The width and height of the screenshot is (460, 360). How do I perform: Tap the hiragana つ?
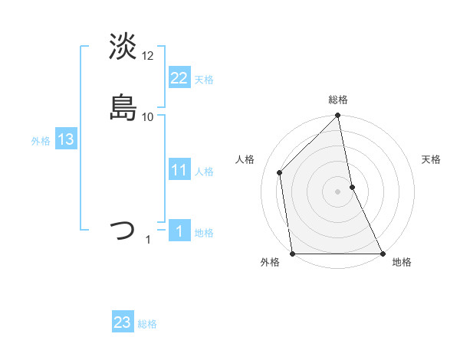coord(123,230)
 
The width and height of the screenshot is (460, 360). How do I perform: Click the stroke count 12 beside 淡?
coord(148,55)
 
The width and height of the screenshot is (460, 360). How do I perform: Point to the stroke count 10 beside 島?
coord(148,116)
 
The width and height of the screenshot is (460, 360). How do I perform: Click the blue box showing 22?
coord(179,77)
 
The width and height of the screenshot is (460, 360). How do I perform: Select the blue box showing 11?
coord(179,170)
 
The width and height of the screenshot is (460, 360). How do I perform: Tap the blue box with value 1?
coord(179,231)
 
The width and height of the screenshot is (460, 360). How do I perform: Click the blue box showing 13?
coord(65,139)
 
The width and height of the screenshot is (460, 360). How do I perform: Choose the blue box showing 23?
coord(123,322)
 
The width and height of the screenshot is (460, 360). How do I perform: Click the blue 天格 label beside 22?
coord(204,79)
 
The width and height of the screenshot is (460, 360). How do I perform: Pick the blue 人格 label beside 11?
coord(204,172)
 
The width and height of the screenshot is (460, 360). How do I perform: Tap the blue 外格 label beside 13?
coord(41,141)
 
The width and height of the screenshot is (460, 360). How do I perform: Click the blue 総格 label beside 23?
coord(147,324)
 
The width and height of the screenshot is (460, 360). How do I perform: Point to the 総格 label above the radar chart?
coord(338,100)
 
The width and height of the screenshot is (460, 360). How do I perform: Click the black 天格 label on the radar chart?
coord(432,159)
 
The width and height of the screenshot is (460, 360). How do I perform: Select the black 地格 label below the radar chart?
coord(402,263)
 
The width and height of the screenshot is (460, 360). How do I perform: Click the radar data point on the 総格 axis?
coord(338,116)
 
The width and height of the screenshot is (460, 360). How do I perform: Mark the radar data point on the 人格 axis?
coord(280,172)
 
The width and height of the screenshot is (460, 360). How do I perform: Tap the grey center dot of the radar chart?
coord(338,191)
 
